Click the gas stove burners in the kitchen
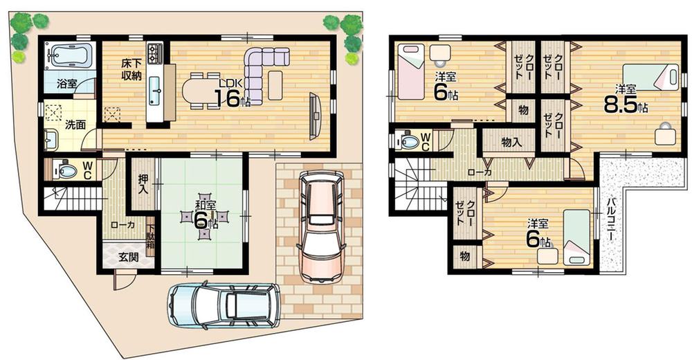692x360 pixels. tap(154, 51)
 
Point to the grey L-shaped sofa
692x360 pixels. tap(259, 73)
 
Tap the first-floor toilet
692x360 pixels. tap(65, 170)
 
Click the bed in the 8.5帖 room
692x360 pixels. tap(650, 76)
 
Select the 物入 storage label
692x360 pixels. tap(511, 143)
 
